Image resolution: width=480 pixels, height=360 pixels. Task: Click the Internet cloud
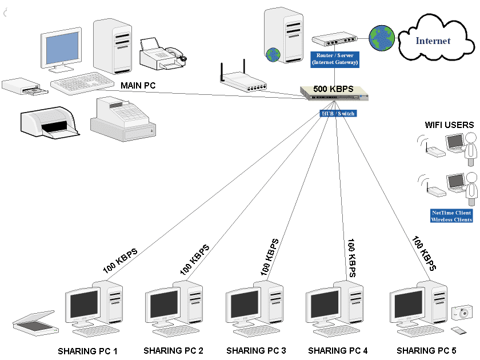coord(433,41)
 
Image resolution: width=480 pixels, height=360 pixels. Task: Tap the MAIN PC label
coord(138,86)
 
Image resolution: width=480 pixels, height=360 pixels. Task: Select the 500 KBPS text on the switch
coord(334,90)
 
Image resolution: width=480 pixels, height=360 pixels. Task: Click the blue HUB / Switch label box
coord(337,114)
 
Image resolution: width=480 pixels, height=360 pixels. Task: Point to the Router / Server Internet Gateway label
coord(334,59)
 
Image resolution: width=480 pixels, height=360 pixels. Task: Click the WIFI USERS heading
coord(449,125)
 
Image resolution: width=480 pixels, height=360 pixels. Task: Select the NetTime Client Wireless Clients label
coord(451,216)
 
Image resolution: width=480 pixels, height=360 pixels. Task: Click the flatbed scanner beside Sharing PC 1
coord(35,322)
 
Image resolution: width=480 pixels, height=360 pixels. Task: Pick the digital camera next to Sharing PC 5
coord(461,313)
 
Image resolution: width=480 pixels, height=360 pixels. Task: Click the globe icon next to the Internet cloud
coord(381,37)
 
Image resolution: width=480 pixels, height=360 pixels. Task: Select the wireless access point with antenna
coord(243,83)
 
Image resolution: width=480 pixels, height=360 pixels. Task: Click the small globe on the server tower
coord(273,55)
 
